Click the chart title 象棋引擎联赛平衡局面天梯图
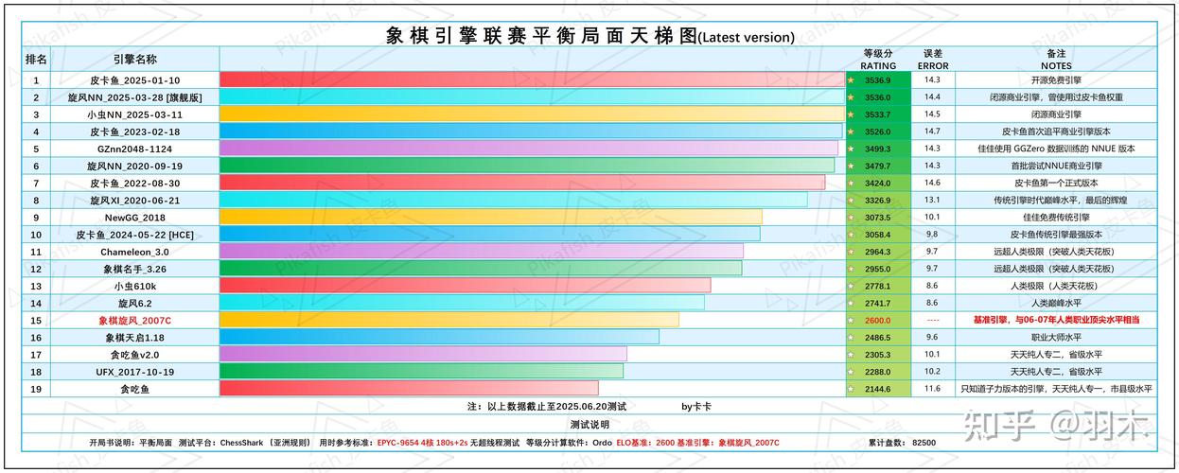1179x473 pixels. pyautogui.click(x=541, y=36)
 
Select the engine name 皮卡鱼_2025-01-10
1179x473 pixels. pyautogui.click(x=134, y=80)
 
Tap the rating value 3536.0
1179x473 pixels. pyautogui.click(x=877, y=97)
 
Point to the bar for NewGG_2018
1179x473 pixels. pyautogui.click(x=490, y=217)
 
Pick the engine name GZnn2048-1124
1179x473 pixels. pyautogui.click(x=134, y=149)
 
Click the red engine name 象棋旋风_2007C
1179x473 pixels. pyautogui.click(x=134, y=320)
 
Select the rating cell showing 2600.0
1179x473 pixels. pyautogui.click(x=877, y=320)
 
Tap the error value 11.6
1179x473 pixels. pyautogui.click(x=932, y=389)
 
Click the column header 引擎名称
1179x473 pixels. pyautogui.click(x=134, y=59)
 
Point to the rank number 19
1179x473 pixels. pyautogui.click(x=36, y=389)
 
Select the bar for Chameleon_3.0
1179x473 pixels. pyautogui.click(x=481, y=252)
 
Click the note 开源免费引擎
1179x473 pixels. pyautogui.click(x=1055, y=80)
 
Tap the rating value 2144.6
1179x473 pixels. pyautogui.click(x=877, y=389)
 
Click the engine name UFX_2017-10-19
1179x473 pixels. pyautogui.click(x=134, y=372)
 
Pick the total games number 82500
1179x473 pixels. pyautogui.click(x=923, y=442)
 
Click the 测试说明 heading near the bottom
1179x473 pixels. pyautogui.click(x=589, y=424)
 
